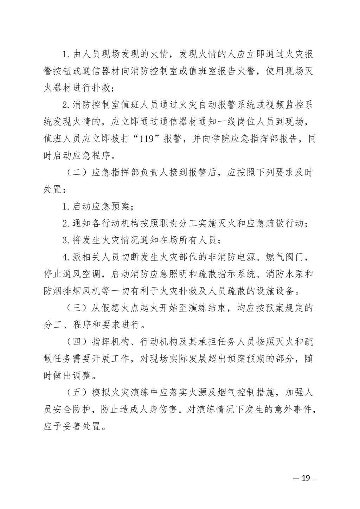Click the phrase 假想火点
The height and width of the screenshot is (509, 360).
click(x=122, y=308)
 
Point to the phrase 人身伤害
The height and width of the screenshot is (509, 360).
click(x=171, y=410)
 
